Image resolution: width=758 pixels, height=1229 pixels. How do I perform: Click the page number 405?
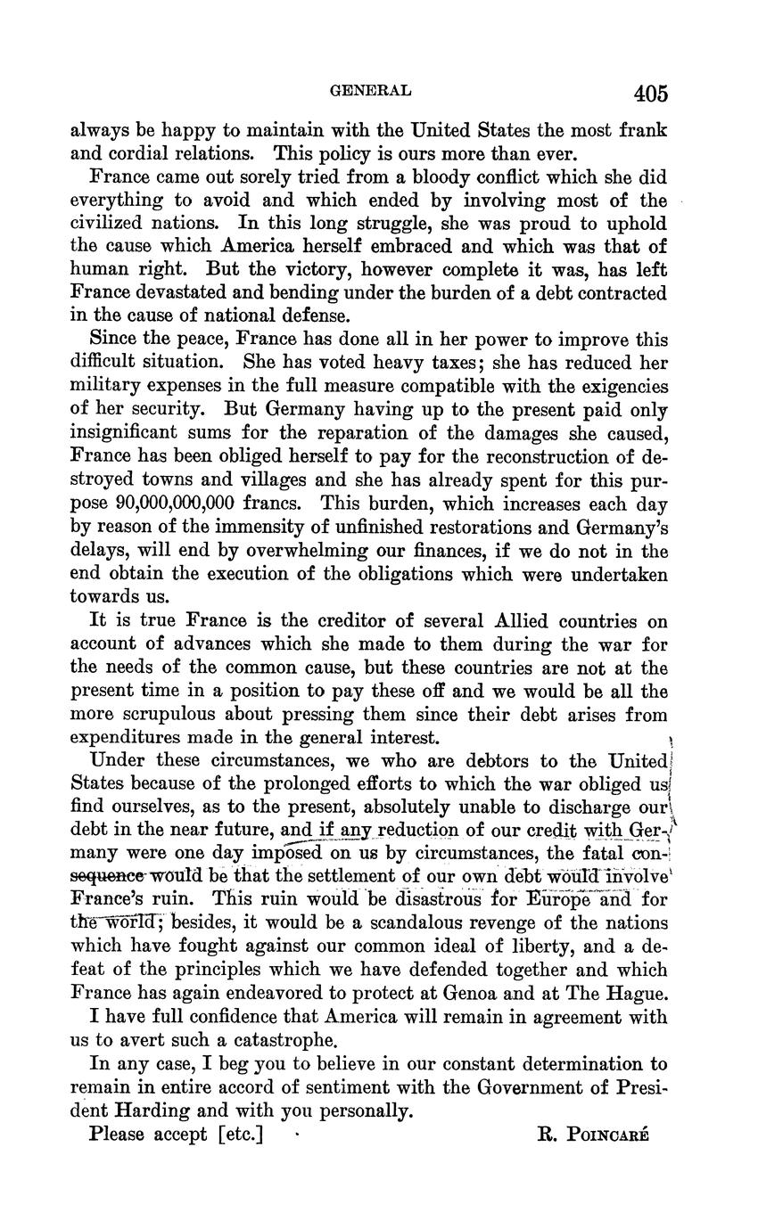[x=651, y=94]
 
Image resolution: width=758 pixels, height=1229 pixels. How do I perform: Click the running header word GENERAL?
[x=370, y=90]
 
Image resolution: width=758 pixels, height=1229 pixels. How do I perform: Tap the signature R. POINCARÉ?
[x=593, y=1135]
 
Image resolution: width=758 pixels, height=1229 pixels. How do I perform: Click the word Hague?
[x=632, y=993]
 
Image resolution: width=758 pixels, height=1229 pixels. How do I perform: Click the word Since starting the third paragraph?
[x=113, y=340]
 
